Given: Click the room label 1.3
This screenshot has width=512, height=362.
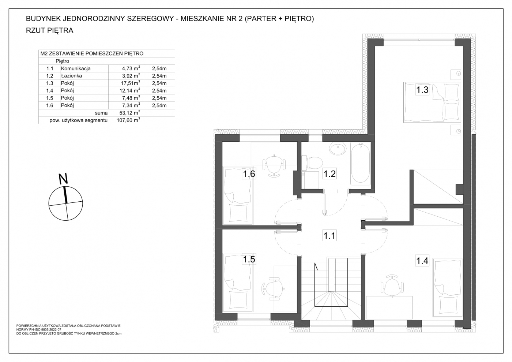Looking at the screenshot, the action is (422, 89).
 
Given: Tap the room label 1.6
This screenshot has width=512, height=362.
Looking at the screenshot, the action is (249, 174).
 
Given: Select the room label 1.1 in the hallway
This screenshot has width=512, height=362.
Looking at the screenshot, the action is (330, 235).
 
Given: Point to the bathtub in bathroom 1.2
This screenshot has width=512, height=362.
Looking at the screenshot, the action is (360, 163).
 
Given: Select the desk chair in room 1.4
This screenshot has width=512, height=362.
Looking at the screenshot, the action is (392, 286).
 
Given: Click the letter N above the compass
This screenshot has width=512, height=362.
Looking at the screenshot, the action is (63, 179).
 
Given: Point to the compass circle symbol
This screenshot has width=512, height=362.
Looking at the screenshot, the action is (66, 204).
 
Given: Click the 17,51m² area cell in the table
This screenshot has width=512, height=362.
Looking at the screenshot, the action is (131, 83).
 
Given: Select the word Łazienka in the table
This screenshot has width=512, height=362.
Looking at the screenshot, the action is (71, 76).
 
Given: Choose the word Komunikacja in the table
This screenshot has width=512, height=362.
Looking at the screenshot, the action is (76, 68).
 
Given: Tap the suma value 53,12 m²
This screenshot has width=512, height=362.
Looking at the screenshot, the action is (129, 113).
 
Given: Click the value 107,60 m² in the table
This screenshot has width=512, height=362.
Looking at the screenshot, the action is (128, 120).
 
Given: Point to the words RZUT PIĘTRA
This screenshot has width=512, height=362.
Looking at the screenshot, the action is (50, 30).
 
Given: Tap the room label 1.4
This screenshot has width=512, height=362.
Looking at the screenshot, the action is (422, 261).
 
